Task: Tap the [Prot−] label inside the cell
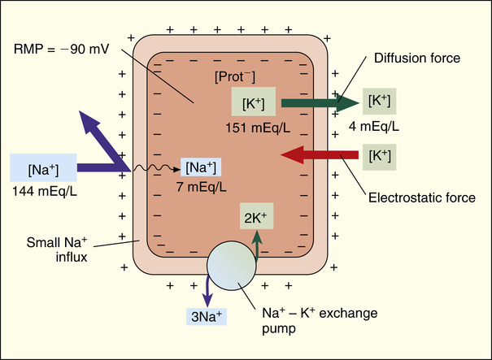pyautogui.click(x=233, y=76)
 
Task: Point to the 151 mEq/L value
pyautogui.click(x=253, y=128)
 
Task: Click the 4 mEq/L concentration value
pyautogui.click(x=381, y=127)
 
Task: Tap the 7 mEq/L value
pyautogui.click(x=201, y=186)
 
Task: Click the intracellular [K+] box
pyautogui.click(x=253, y=102)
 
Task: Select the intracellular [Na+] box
pyautogui.click(x=201, y=167)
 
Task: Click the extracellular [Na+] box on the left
pyautogui.click(x=45, y=170)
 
